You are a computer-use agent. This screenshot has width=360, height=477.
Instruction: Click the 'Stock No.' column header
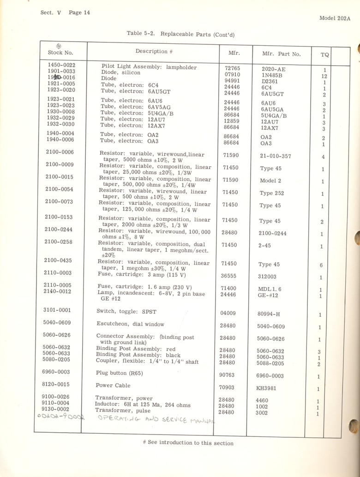(x=60, y=52)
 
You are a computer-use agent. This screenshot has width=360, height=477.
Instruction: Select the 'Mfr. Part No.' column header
(x=281, y=54)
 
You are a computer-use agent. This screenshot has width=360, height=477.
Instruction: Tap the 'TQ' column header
(x=324, y=55)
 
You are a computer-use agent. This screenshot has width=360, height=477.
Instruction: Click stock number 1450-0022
(x=61, y=65)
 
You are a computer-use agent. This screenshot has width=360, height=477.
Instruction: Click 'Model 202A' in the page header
(x=335, y=18)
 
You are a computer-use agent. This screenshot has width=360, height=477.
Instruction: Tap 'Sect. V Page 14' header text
(x=65, y=12)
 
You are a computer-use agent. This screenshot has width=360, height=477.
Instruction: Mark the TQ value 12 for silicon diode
(x=324, y=76)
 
